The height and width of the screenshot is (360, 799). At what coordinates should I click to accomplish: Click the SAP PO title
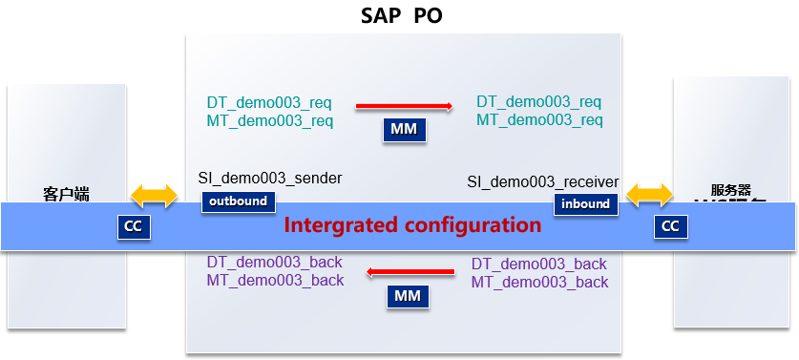(x=402, y=16)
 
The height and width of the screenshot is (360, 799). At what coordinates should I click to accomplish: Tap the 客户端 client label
(x=66, y=194)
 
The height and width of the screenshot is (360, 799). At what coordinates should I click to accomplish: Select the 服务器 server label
(x=731, y=190)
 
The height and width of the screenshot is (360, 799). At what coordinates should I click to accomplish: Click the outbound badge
(x=238, y=201)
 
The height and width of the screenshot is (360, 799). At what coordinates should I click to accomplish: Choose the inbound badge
(x=586, y=202)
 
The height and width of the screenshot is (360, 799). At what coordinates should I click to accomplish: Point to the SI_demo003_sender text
(x=270, y=178)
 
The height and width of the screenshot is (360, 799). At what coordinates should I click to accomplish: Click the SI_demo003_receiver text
(x=543, y=181)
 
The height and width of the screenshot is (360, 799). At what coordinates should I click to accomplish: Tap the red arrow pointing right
(x=404, y=107)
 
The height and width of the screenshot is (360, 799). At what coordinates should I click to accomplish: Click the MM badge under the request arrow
(x=404, y=130)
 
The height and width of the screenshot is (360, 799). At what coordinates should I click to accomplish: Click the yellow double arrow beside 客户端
(x=154, y=197)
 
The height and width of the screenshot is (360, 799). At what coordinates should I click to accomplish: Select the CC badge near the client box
(x=134, y=226)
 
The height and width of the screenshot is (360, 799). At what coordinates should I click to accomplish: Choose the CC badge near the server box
(x=670, y=226)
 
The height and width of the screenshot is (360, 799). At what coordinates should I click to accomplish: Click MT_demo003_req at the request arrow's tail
(x=269, y=121)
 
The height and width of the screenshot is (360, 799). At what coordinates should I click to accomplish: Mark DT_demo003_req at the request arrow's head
(x=539, y=102)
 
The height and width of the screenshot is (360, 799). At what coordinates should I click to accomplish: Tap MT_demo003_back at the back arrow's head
(x=275, y=280)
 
